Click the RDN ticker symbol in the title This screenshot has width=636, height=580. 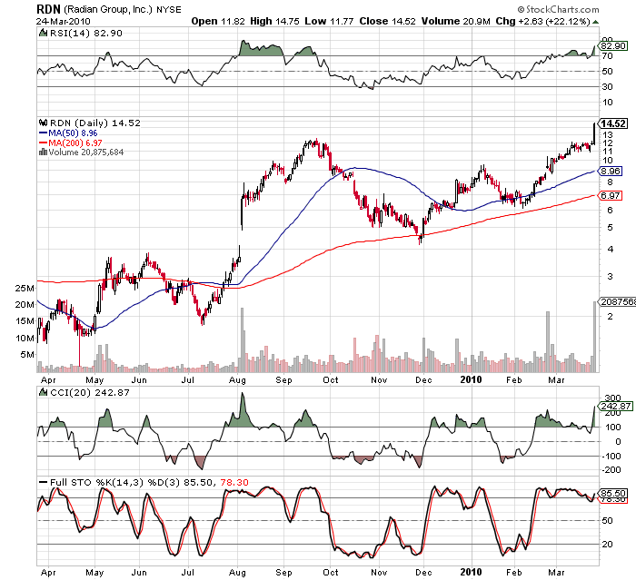click(x=49, y=8)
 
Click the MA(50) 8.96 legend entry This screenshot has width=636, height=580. click(x=73, y=133)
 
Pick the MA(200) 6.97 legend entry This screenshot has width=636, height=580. click(x=74, y=143)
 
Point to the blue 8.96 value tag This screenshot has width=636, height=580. click(x=611, y=171)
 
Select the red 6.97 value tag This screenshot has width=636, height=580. click(x=611, y=196)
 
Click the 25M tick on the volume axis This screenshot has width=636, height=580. click(x=25, y=288)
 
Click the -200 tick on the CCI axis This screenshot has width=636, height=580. click(x=610, y=469)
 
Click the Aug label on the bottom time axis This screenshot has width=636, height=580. click(x=236, y=573)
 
